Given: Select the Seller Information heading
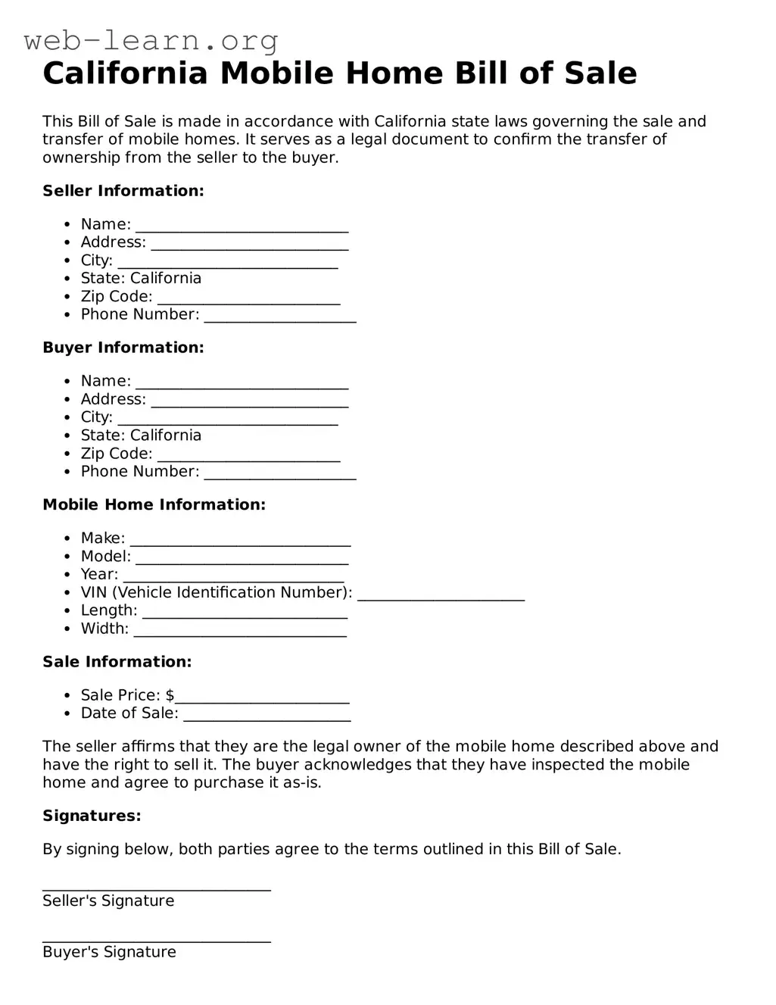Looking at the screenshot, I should [x=123, y=191].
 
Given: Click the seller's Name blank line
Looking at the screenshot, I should [x=242, y=227].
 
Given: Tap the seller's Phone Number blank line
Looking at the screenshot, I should [x=280, y=317].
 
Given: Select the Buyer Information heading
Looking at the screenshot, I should [x=123, y=348].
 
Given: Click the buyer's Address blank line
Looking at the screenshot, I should [x=250, y=402].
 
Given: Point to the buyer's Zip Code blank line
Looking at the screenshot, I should [x=249, y=457].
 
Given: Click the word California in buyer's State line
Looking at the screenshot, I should [x=166, y=435].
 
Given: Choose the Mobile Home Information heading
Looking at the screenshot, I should [x=154, y=504].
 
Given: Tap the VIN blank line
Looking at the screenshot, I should [x=441, y=595].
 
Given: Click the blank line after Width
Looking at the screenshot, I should [x=240, y=632].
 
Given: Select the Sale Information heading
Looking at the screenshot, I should [x=117, y=662].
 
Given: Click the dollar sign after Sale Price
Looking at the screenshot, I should [x=170, y=695].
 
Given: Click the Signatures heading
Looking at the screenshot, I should [x=92, y=816].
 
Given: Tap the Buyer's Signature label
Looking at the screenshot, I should [x=109, y=952].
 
